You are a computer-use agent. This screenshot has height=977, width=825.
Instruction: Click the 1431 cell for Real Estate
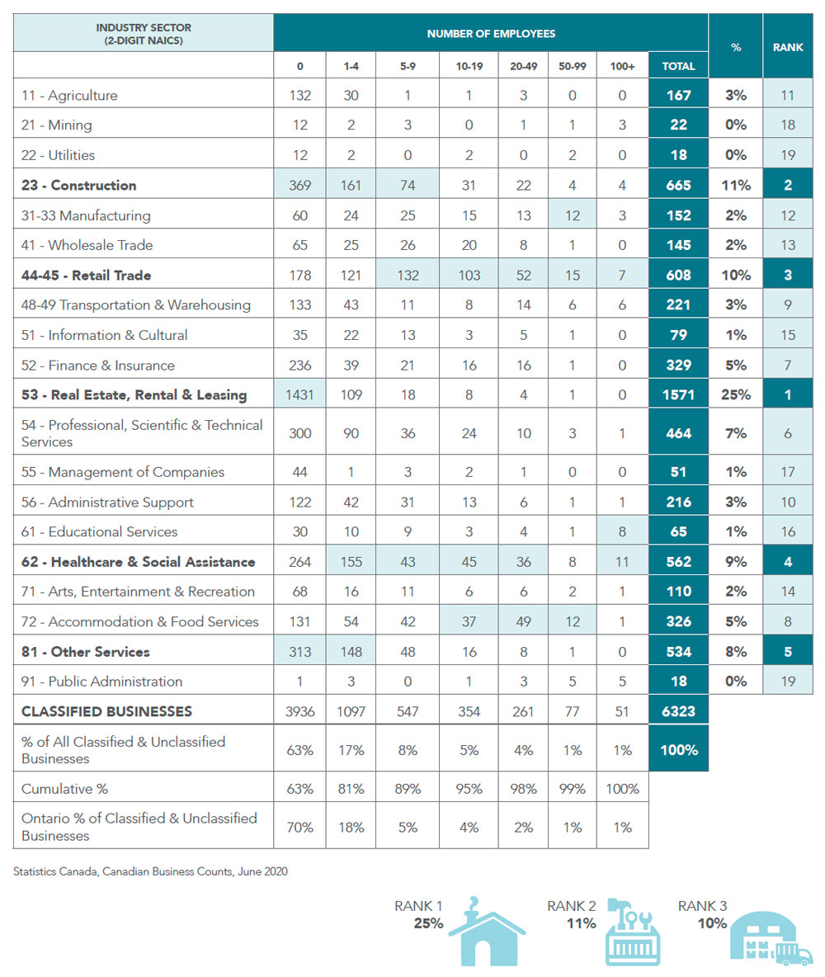[x=300, y=394]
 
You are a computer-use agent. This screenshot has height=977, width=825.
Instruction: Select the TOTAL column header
[x=678, y=65]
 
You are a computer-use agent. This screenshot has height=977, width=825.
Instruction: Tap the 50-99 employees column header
[x=572, y=65]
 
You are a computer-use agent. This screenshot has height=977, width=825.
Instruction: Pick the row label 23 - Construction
[x=79, y=185]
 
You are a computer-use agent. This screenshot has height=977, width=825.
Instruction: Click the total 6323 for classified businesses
[x=678, y=710]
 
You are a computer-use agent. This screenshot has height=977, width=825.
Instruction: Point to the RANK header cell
[x=788, y=47]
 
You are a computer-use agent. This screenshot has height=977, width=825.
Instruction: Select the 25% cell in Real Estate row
[x=735, y=394]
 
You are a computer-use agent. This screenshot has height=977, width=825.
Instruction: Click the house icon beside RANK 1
[x=486, y=932]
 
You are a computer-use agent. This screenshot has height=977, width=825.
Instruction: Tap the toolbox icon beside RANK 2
[x=631, y=932]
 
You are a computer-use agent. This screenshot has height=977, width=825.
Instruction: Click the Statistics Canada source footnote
[x=151, y=871]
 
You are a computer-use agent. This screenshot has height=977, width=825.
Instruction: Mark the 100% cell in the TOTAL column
[x=678, y=749]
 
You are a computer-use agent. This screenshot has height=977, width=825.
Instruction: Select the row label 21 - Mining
[x=57, y=125]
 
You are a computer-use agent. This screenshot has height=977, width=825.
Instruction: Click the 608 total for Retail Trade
[x=678, y=275]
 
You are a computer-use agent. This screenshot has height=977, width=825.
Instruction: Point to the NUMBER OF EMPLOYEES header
[x=491, y=34]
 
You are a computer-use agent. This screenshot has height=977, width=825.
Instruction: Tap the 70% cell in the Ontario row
[x=300, y=827]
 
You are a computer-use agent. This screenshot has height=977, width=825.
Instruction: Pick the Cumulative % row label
[x=65, y=789]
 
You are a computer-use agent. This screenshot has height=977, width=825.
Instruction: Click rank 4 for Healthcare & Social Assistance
[x=788, y=562]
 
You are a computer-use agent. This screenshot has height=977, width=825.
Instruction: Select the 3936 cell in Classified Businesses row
[x=300, y=710]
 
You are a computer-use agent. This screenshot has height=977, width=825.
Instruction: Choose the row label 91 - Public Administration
[x=102, y=681]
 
